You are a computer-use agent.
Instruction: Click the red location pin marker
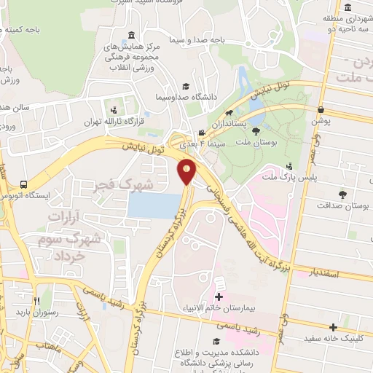click(x=187, y=171)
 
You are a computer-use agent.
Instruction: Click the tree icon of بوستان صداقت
click(x=342, y=194)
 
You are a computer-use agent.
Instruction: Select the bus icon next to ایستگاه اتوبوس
click(x=24, y=184)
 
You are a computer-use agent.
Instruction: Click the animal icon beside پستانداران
click(x=229, y=113)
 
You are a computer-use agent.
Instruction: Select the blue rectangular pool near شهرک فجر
click(x=154, y=206)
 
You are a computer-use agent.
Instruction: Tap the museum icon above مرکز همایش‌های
click(x=131, y=36)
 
